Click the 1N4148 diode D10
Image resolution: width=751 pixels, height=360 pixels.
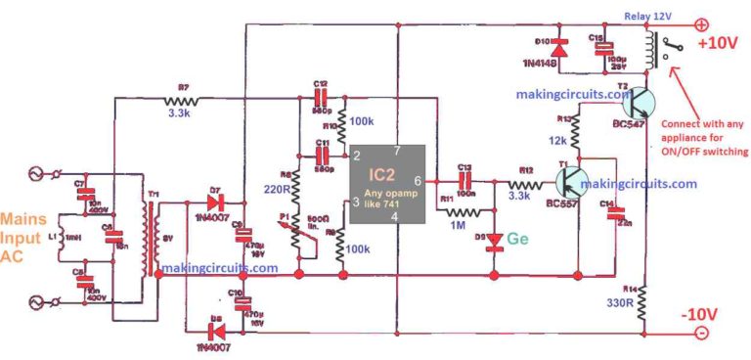[558, 47]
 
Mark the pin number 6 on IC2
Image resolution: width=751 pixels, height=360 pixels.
[417, 181]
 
